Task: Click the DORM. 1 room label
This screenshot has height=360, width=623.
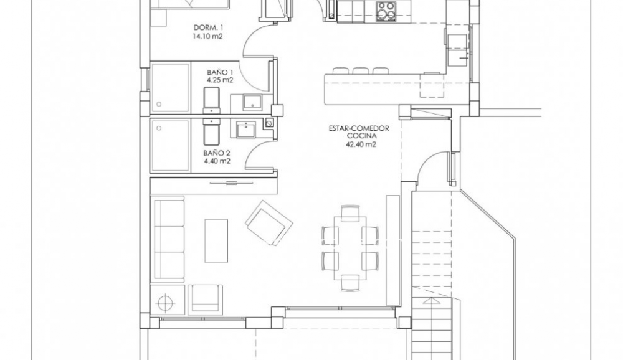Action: pos(208,27)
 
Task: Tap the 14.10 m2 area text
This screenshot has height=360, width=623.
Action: pos(208,37)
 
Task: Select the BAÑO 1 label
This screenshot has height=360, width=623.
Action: pos(220,72)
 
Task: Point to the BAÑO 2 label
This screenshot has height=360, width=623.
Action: pos(217,153)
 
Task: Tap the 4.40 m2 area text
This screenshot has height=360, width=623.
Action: pos(217,161)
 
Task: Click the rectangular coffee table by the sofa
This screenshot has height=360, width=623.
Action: pos(216,240)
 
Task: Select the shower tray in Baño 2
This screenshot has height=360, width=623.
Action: pos(169,146)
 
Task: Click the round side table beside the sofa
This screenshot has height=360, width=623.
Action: pos(166,302)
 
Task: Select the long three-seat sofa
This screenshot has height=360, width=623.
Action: pos(168,240)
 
